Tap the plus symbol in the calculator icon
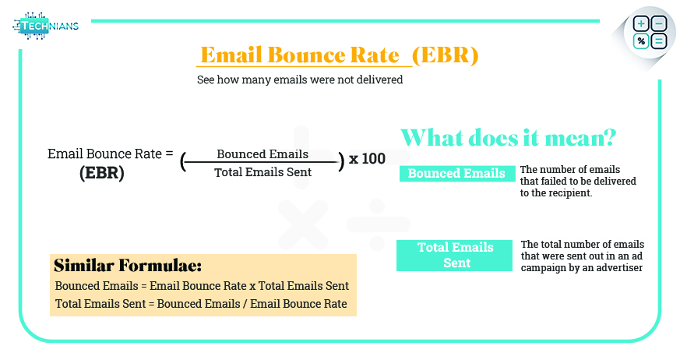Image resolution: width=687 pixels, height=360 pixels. point(642,24)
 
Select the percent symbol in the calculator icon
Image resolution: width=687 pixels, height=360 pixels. point(642,41)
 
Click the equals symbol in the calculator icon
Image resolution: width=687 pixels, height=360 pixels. point(659,41)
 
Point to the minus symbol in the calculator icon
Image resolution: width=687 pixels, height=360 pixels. point(659,24)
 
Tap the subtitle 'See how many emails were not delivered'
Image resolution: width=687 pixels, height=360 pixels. point(300,79)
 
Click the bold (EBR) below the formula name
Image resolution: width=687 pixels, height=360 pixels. point(102,173)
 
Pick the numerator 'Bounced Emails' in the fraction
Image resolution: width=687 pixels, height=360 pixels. point(262,154)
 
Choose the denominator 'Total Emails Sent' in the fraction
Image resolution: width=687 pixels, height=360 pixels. point(262,171)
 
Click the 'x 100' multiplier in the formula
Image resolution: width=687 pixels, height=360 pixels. point(367,159)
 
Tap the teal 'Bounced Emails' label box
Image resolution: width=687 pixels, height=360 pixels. point(456,173)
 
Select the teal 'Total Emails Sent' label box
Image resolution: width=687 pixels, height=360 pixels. point(456,255)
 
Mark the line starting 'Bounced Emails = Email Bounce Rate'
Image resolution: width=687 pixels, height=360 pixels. point(202,286)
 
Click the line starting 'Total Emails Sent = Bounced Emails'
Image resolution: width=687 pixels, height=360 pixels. point(201,303)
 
